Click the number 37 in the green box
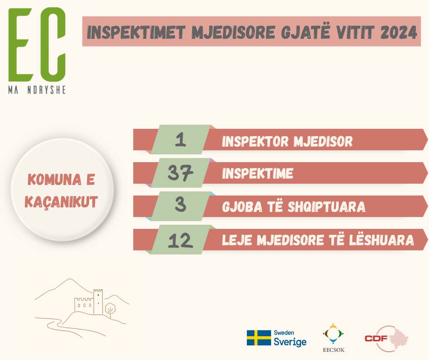coord(180,173)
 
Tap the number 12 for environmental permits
coord(180,241)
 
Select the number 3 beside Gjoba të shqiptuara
coord(180,205)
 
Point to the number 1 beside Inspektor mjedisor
coord(181,140)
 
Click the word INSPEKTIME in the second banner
coord(258,174)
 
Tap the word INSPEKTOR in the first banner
coord(255,141)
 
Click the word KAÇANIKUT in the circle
coord(61,202)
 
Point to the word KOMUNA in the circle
coord(54,180)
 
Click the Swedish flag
coord(259,338)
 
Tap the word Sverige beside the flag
coord(290,342)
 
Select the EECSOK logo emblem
coord(333,334)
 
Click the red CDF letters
coord(376,339)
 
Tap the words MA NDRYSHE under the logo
coord(37,90)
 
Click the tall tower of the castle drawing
coord(98,302)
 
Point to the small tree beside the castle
coord(110,309)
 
